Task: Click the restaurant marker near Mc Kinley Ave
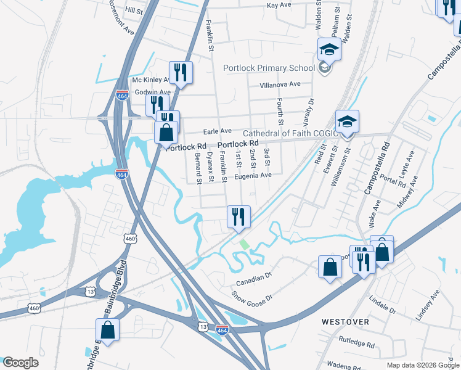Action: pos(181,73)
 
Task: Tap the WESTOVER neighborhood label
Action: pos(345,322)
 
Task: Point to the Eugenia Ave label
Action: pos(253,175)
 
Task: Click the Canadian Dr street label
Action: pos(253,279)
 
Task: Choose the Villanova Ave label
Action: pos(280,84)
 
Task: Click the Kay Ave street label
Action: pos(279,5)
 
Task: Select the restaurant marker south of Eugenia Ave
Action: pos(237,217)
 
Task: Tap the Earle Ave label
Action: pos(217,131)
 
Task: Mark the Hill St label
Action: pos(134,10)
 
